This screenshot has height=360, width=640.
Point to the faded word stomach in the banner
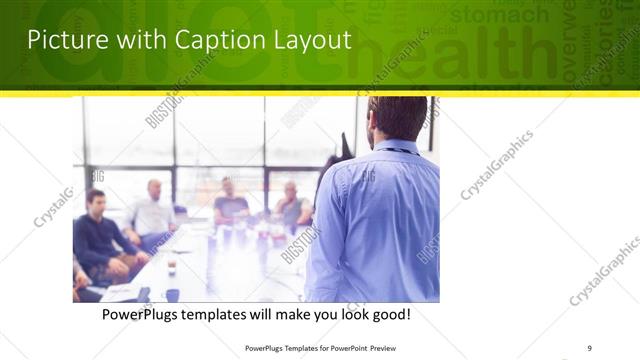click(x=499, y=15)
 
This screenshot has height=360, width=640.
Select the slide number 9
click(x=589, y=347)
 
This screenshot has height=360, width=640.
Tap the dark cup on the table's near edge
click(x=173, y=295)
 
